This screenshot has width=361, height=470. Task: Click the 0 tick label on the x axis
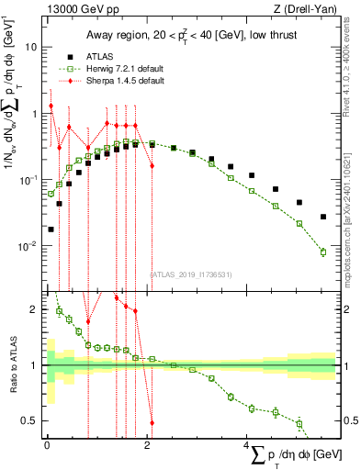(x=47, y=444)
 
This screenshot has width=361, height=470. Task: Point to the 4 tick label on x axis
(x=245, y=444)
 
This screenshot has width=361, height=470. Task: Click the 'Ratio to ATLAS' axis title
(x=11, y=365)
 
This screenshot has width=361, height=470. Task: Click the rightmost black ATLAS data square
(x=322, y=217)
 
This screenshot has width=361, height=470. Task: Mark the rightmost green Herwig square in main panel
(x=322, y=252)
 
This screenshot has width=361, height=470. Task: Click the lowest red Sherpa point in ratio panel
(x=152, y=423)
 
